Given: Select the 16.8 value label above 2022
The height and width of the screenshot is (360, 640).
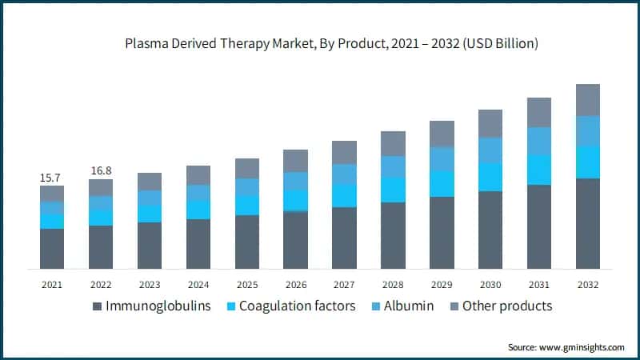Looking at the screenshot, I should click(x=101, y=170).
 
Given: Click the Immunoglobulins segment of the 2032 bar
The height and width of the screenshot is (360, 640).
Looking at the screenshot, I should click(x=588, y=223).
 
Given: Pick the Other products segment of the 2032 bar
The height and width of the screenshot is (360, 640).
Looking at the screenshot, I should click(x=588, y=100).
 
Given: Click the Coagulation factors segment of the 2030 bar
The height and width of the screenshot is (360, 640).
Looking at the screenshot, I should click(x=490, y=177).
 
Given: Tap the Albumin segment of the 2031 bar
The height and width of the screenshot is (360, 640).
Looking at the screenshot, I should click(x=539, y=141).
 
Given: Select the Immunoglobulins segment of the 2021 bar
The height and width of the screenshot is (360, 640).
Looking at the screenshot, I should click(x=52, y=248).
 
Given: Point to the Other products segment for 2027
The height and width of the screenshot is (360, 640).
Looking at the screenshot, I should click(x=344, y=153).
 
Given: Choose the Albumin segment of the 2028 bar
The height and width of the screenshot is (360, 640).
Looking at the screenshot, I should click(x=393, y=166).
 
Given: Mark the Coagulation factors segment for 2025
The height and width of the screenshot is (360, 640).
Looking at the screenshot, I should click(x=247, y=206).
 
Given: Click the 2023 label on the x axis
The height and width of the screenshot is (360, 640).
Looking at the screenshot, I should click(x=150, y=284).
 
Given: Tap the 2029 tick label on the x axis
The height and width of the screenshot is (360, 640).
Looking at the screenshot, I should click(x=442, y=284).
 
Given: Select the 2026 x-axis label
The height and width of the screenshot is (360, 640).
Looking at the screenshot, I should click(x=295, y=284).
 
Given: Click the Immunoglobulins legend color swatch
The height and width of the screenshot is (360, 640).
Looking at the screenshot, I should click(x=98, y=306).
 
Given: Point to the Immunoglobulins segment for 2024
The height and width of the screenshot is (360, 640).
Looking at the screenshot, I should click(x=198, y=244).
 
